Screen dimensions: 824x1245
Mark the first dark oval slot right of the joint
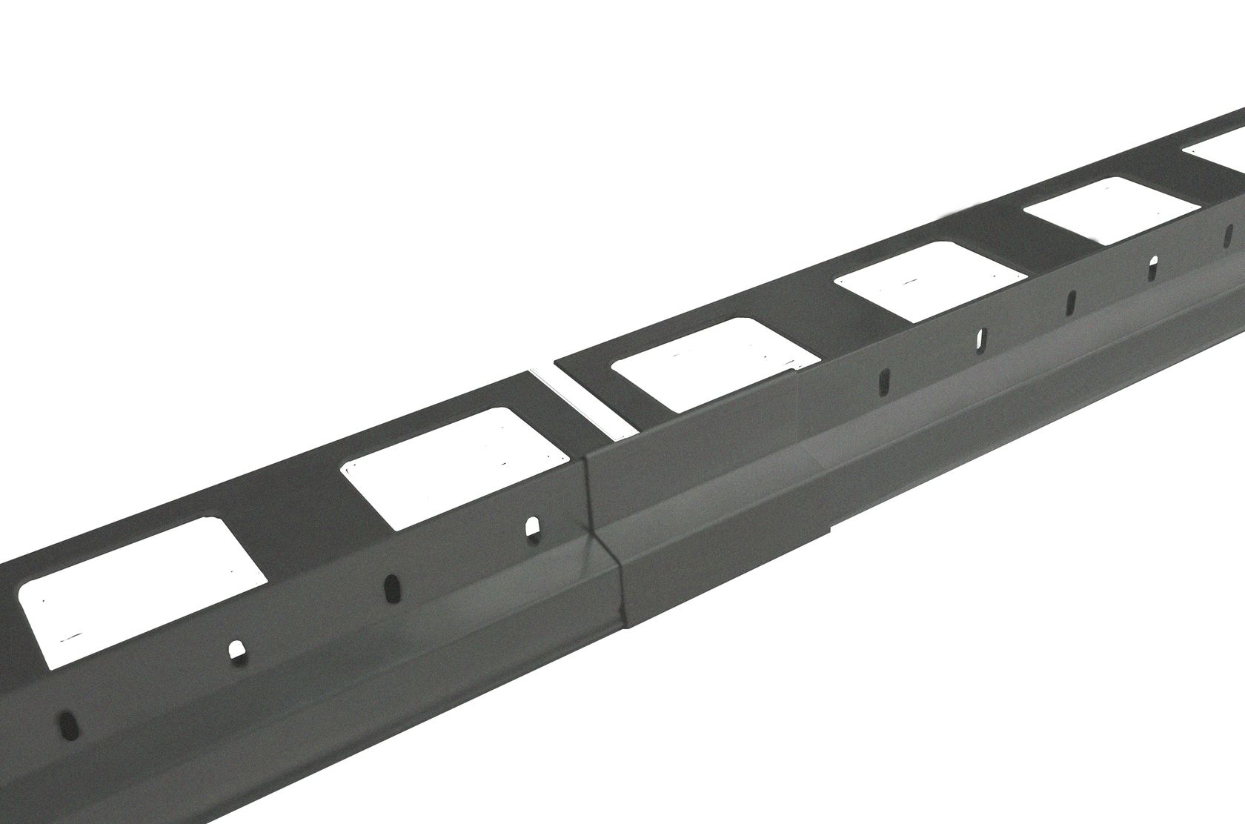[x=884, y=383]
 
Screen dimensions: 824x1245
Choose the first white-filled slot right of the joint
[x=979, y=339]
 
